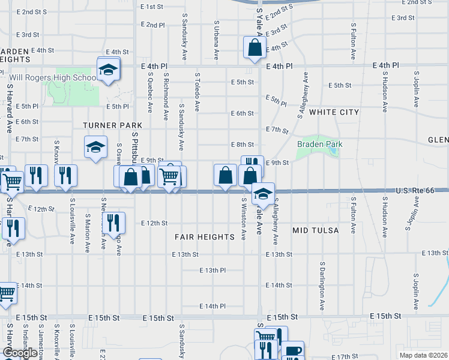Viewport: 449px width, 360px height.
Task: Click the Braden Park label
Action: [x=319, y=145]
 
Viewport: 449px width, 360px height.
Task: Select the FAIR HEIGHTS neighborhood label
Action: [x=205, y=237]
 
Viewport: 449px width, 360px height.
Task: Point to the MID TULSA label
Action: [x=316, y=230]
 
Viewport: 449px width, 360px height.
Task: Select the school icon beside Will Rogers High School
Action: [x=109, y=70]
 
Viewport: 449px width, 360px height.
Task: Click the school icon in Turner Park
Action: [x=95, y=148]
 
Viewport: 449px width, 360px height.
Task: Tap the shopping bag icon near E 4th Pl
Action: [x=255, y=47]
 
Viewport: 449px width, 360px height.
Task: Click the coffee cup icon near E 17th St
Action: [x=292, y=351]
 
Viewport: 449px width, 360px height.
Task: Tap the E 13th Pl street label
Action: [x=212, y=271]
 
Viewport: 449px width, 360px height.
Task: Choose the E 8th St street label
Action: [x=242, y=145]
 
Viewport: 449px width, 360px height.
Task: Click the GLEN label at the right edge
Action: [x=438, y=140]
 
